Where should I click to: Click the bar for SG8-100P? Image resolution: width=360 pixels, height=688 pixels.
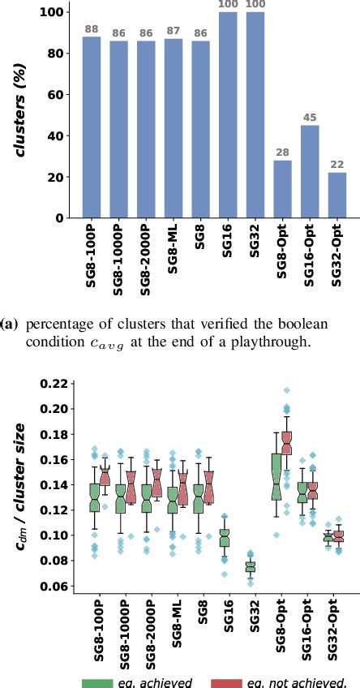coord(92,127)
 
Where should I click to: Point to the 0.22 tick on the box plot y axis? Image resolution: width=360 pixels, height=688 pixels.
coord(54,383)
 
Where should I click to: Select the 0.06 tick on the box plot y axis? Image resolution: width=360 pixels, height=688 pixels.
coord(54,586)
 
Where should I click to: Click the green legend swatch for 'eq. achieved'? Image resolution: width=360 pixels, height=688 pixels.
coord(104,681)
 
